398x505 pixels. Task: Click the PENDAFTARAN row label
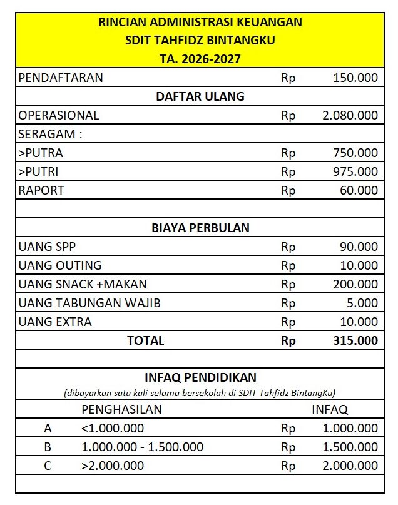pos(61,78)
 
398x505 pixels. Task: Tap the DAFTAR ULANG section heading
pos(200,97)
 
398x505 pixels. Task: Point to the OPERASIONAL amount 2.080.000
pos(350,116)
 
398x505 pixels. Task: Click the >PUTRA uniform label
pos(41,153)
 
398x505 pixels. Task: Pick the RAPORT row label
pos(41,191)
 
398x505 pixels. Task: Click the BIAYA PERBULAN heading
pos(200,228)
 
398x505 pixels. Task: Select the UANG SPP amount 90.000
pos(359,247)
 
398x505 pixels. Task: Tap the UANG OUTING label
pos(60,265)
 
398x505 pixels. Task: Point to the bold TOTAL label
pos(145,340)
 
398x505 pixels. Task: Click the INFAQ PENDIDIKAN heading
pos(200,378)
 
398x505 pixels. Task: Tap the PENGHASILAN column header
pos(122,409)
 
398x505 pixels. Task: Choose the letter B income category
pos(48,447)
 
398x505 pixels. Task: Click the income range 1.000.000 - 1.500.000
pos(143,447)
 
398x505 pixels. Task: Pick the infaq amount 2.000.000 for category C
pos(350,466)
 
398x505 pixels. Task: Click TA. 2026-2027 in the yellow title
pos(200,59)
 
